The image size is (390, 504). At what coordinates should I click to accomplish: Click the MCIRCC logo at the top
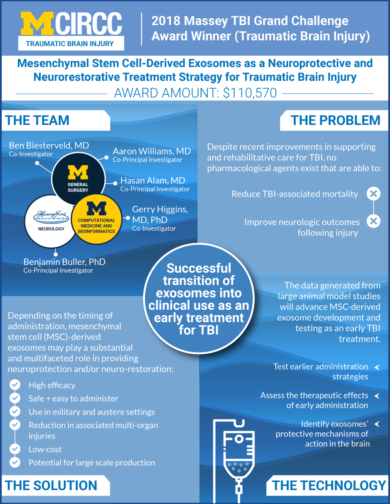point(71,30)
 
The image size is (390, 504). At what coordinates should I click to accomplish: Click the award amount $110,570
point(250,93)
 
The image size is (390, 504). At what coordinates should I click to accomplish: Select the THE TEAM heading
point(37,120)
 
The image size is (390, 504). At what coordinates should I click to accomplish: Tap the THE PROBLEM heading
point(335,120)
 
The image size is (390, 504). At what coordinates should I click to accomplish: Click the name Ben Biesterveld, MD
point(49,146)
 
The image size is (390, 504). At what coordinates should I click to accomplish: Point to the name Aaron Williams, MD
point(152,151)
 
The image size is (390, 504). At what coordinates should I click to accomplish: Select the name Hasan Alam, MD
point(152,181)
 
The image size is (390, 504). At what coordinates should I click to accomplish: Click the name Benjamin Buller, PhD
point(64,262)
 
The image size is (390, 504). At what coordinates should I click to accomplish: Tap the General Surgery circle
point(78,180)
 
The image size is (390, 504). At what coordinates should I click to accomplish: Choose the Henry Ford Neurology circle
point(51,221)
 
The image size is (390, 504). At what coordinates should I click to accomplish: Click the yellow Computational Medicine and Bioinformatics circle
point(96,219)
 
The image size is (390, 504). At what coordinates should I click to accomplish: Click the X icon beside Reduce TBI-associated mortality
point(374,194)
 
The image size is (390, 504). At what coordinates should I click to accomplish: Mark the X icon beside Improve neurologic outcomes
point(374,221)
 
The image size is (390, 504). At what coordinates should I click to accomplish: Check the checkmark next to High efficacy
point(15,385)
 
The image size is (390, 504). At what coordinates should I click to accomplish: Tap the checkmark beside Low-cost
point(15,449)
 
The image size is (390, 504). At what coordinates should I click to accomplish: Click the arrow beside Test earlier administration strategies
point(377,367)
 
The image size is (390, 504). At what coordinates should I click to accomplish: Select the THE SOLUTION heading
point(51,486)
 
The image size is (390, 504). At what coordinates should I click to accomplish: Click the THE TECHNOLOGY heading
point(329,486)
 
